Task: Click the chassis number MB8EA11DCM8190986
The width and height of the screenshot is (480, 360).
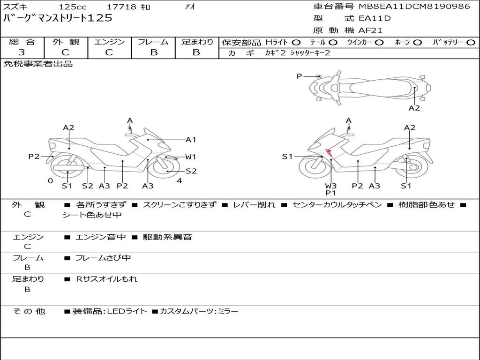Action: (x=414, y=7)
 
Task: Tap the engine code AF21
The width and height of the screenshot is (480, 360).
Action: (x=370, y=31)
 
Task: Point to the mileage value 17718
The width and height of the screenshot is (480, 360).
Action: (x=122, y=7)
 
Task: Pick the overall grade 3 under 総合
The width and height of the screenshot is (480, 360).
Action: (x=22, y=52)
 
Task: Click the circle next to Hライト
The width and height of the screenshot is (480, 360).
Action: (x=296, y=43)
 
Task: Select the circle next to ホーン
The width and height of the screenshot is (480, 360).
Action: (x=417, y=43)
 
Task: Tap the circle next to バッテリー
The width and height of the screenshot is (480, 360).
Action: (x=471, y=43)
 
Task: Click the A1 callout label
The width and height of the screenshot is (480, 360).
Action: (x=191, y=139)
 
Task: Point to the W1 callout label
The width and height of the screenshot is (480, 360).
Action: (x=191, y=157)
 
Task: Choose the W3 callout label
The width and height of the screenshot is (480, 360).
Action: (x=331, y=186)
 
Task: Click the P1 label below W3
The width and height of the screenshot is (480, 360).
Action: (x=331, y=193)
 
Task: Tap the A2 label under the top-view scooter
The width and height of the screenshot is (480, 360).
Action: (x=414, y=108)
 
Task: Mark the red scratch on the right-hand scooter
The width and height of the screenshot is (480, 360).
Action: (x=330, y=151)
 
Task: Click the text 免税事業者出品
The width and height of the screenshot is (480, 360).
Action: (x=38, y=64)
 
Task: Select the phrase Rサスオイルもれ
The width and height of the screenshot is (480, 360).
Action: (x=107, y=279)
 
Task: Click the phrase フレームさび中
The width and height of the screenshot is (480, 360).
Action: (x=103, y=258)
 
